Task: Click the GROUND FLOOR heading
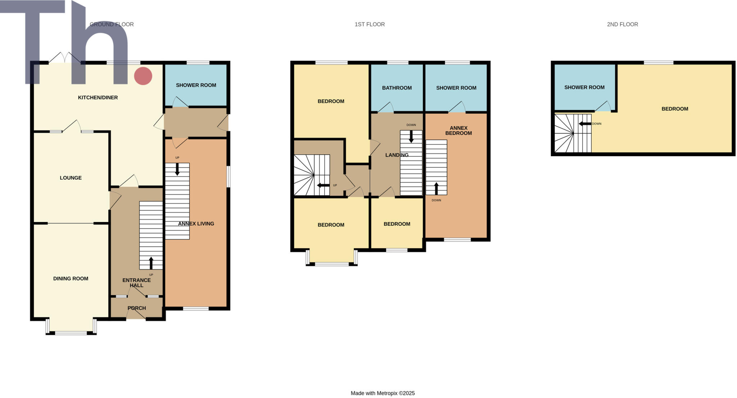112,25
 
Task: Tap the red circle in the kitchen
143,76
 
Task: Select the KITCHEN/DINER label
98,97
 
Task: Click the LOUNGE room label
71,178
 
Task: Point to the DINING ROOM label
71,278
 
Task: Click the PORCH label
137,308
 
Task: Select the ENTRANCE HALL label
136,283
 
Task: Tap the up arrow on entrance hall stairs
151,263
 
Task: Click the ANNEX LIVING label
196,224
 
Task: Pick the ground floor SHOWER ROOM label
196,85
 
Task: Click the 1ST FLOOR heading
370,25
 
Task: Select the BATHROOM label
397,88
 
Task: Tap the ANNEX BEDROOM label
458,131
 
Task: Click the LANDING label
397,155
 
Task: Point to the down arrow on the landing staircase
411,136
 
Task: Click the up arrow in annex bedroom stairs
436,188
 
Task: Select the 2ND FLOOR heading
622,25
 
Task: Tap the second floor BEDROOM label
675,109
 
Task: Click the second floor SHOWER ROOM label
584,87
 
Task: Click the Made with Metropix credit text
383,393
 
